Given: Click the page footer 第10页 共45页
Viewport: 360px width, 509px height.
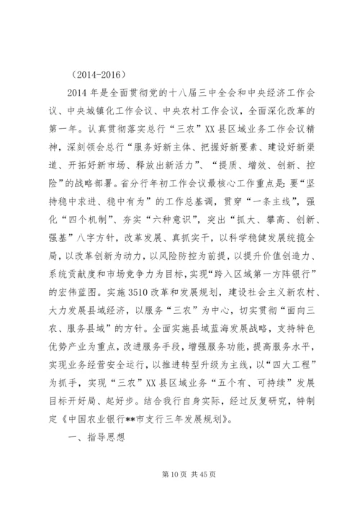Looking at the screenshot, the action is click(x=180, y=474).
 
